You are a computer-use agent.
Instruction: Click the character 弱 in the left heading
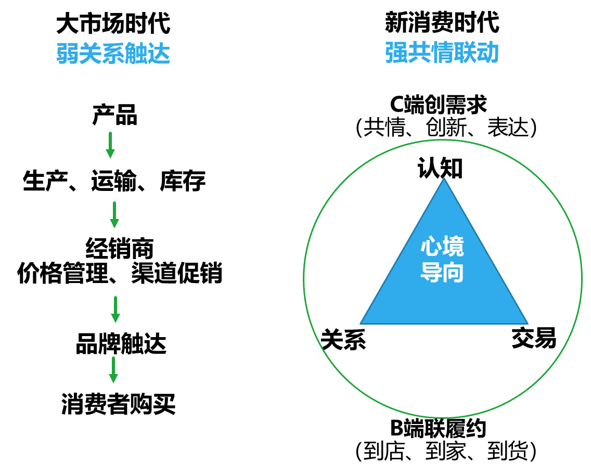[68, 54]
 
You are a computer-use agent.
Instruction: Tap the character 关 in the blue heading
[91, 54]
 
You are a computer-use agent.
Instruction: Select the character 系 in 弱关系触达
[113, 54]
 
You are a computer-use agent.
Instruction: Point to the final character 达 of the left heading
[159, 54]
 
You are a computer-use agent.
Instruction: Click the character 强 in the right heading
[396, 53]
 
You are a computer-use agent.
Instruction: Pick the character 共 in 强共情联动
[419, 53]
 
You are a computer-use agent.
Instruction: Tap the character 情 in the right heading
[442, 53]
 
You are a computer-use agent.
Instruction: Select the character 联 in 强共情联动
[465, 53]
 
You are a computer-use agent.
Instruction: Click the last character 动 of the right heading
[488, 53]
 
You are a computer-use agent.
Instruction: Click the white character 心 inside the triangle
[431, 247]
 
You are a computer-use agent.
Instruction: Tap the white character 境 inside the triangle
[453, 247]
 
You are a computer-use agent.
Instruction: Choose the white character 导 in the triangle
[431, 273]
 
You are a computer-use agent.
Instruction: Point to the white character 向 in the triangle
[453, 273]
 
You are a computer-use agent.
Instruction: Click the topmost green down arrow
[110, 145]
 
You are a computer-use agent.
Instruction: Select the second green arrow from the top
[114, 215]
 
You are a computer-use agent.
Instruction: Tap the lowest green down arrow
[113, 370]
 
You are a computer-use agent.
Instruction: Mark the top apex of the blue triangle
[444, 178]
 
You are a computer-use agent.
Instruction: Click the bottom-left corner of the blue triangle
[361, 324]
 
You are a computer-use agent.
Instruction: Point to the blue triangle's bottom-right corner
[528, 324]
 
